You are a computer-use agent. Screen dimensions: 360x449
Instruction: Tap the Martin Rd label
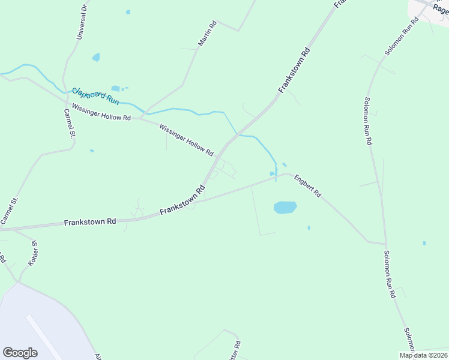tap(207, 35)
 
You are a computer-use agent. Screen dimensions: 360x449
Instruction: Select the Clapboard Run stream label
tap(95, 95)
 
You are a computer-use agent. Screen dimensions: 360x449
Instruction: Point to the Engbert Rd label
tap(307, 186)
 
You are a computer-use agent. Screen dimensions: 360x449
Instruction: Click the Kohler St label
tap(33, 254)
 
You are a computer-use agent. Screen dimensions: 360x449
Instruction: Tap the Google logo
tap(20, 352)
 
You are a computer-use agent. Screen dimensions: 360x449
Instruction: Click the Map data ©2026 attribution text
tap(423, 355)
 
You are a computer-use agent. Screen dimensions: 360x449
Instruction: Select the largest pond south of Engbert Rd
tap(285, 208)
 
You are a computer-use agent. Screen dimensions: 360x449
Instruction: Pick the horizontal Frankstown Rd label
tap(90, 222)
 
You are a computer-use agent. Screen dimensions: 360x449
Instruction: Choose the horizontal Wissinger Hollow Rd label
tap(101, 112)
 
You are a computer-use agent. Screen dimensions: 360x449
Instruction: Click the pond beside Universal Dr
tap(96, 57)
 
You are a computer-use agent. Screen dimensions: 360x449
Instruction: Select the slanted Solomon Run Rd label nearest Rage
tap(402, 37)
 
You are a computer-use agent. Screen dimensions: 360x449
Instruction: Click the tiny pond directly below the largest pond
tap(309, 228)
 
